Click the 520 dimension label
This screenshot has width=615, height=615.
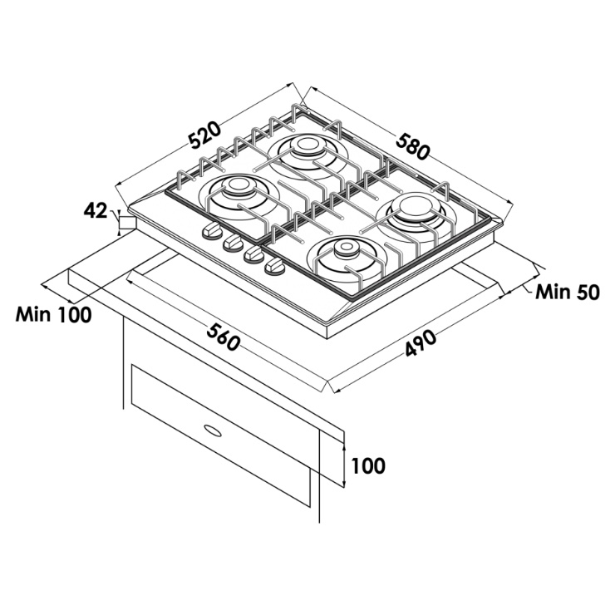(x=204, y=135)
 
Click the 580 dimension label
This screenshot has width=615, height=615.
(x=412, y=147)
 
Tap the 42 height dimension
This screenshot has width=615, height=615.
(x=95, y=211)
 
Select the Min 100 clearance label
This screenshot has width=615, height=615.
(x=53, y=314)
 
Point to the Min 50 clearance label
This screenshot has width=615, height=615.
(x=568, y=292)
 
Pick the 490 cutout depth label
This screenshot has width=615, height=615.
(x=421, y=343)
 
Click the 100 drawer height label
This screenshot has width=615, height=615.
(x=368, y=466)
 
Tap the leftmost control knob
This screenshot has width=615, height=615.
(x=213, y=230)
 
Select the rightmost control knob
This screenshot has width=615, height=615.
(x=275, y=266)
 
